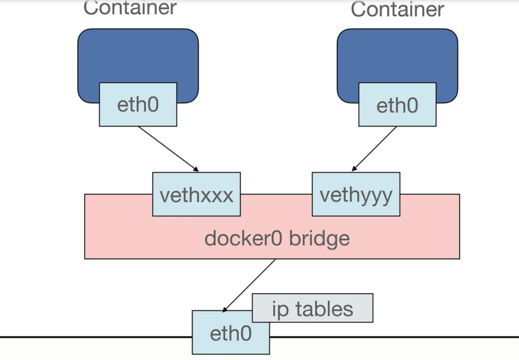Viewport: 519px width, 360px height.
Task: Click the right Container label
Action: (397, 9)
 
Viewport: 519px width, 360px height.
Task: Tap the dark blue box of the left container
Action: (137, 56)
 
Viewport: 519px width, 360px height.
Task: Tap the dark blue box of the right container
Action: (397, 56)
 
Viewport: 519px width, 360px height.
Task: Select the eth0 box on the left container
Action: (138, 104)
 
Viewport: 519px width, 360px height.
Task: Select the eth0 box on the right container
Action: (397, 105)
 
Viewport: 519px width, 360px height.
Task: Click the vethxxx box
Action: (196, 194)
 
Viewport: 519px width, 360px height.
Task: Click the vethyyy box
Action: (356, 194)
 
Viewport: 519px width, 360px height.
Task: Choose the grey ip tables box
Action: (312, 308)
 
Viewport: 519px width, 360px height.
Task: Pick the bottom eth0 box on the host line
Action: (231, 334)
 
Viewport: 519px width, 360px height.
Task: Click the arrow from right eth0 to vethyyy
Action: (375, 149)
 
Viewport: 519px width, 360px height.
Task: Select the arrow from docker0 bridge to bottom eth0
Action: (249, 284)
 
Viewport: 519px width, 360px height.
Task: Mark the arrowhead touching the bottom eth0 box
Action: (225, 308)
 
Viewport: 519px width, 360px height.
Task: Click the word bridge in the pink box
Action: (319, 238)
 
